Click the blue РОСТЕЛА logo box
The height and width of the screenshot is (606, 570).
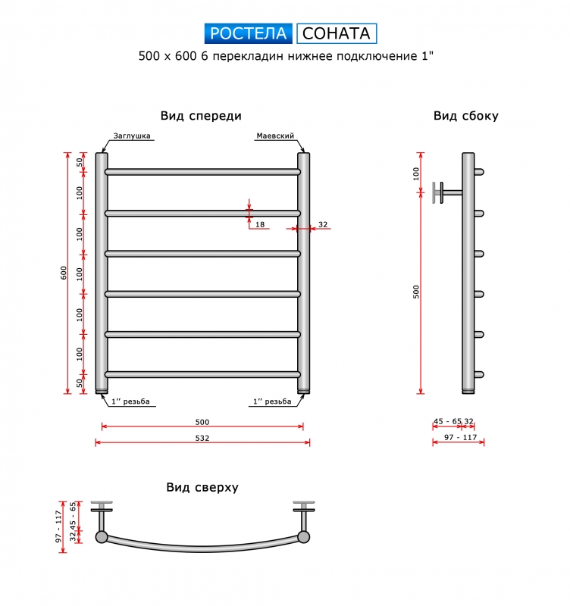coord(249,33)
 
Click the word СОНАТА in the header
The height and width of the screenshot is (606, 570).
coord(337,33)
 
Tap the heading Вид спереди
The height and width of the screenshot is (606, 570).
coord(201,116)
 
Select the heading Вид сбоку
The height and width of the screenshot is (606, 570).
coord(466,116)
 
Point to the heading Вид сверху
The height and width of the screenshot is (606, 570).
coord(202,487)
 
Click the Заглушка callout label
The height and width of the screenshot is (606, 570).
coord(132,136)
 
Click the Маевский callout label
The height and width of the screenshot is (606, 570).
coord(275,136)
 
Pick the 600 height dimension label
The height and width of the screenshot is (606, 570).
coord(64,273)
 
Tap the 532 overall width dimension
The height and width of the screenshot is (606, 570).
coord(202,438)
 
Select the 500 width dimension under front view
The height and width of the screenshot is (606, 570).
coord(202,422)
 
